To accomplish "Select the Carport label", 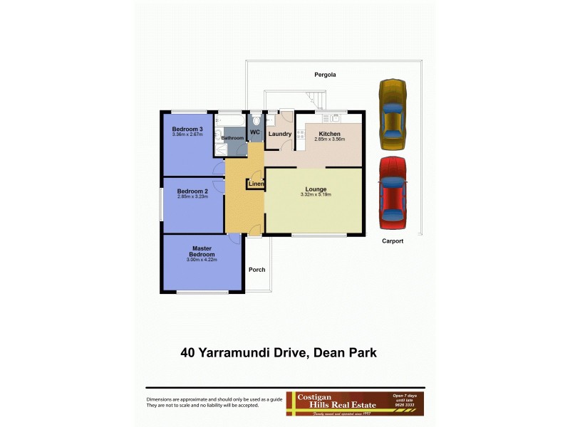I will click(391, 241).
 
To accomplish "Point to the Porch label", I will click(256, 270).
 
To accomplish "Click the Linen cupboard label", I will click(256, 184).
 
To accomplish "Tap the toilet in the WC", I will click(256, 121).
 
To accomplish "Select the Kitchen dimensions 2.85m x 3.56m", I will click(329, 139).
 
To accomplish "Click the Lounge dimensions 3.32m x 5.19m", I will click(316, 194).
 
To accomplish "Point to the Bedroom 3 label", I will click(187, 129).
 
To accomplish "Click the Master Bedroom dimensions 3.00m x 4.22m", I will click(202, 260).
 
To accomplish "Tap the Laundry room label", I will click(279, 134).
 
